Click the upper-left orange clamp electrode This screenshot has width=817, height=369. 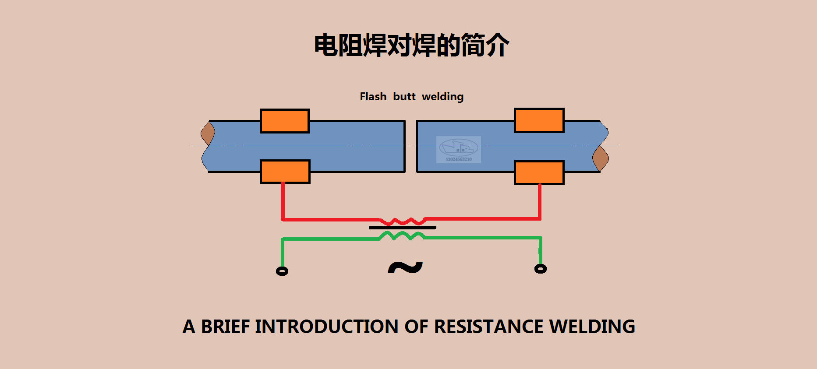285,121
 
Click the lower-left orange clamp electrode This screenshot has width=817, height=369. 285,172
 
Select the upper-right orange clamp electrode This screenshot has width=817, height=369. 539,120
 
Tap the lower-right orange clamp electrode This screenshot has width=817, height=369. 539,173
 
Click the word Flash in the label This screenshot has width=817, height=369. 373,97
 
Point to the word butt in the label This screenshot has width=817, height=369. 404,97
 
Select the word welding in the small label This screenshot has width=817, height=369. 442,97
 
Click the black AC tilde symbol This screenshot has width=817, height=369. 405,267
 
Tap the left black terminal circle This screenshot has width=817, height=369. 282,271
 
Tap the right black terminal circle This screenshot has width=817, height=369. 541,269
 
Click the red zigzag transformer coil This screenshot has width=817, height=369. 402,221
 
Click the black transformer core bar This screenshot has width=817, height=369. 402,228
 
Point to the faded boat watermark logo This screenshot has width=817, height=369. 459,149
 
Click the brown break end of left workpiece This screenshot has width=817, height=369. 208,133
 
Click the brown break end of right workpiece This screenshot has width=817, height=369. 601,158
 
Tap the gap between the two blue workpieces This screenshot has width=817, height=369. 410,146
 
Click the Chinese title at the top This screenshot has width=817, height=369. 411,45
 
